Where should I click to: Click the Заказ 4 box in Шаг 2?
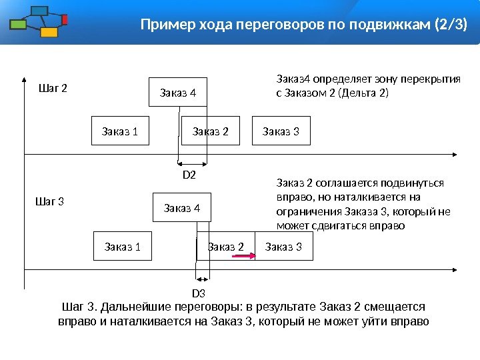point(178,93)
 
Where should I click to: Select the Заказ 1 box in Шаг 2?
point(120,131)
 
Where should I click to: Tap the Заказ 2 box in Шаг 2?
point(211,131)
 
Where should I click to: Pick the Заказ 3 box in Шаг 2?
point(281,131)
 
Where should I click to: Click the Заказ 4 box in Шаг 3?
point(182,209)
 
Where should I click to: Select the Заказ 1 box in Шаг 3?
point(123,247)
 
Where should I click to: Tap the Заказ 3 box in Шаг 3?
point(284,247)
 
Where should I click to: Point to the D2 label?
point(189,175)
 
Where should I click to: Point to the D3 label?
point(199,293)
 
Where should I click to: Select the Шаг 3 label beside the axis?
point(49,201)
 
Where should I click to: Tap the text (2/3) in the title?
point(451,25)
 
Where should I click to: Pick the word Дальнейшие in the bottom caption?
point(137,307)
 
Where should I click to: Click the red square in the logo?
point(65,19)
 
